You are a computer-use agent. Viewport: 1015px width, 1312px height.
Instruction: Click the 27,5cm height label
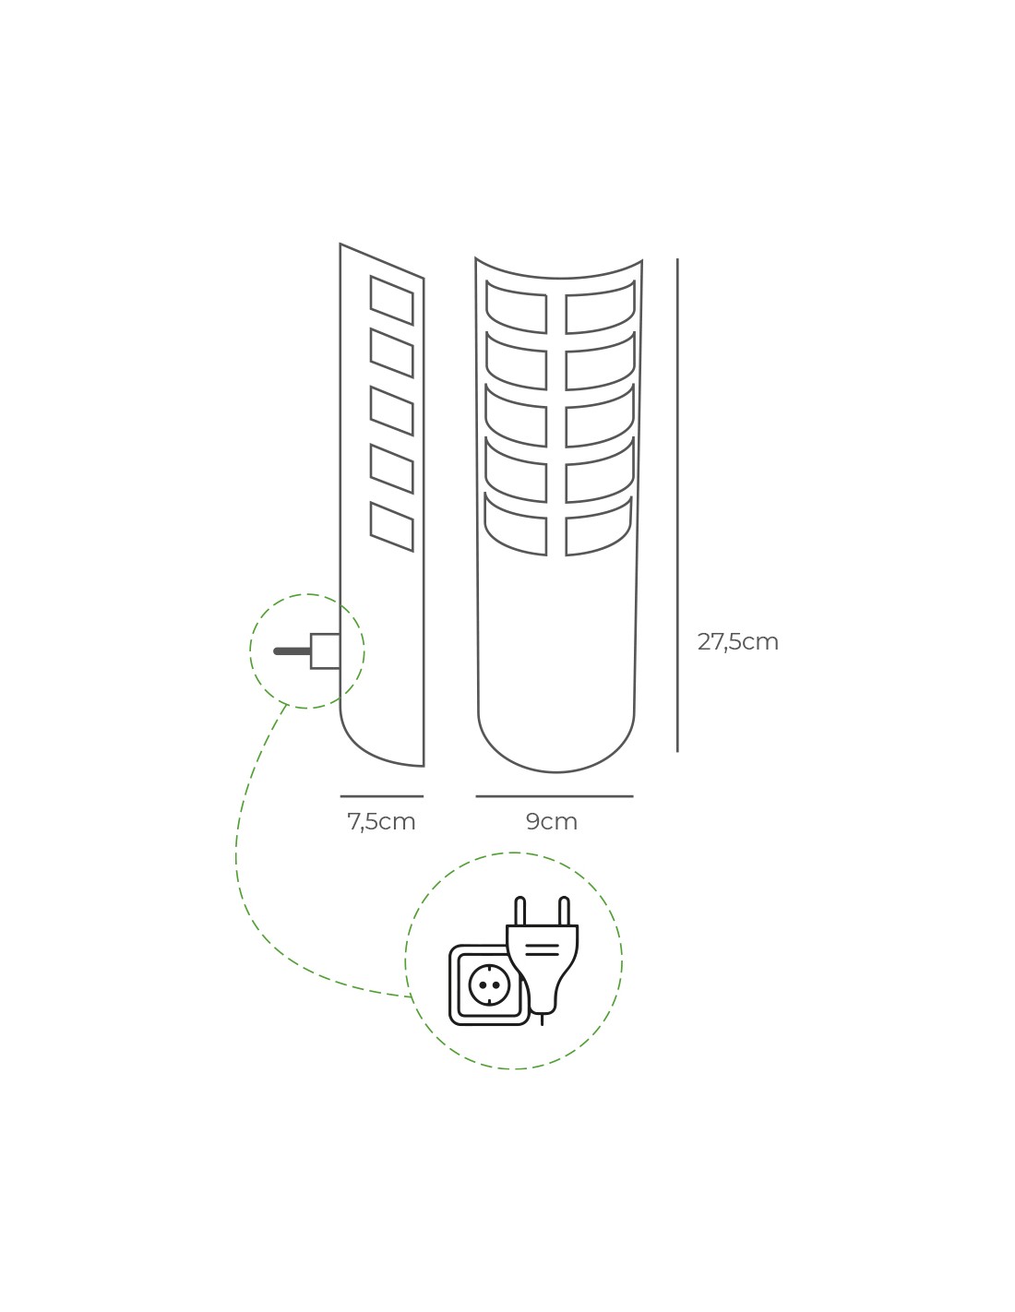click(737, 641)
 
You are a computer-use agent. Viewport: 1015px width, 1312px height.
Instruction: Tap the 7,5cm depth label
click(381, 821)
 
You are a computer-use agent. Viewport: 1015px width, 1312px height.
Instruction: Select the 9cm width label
click(552, 821)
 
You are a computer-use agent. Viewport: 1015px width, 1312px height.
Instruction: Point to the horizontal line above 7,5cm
click(381, 796)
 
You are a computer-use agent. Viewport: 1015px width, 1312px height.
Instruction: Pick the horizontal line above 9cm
click(554, 796)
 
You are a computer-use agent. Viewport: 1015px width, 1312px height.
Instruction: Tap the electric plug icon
click(543, 960)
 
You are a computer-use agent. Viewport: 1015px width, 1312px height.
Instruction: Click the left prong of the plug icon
click(520, 911)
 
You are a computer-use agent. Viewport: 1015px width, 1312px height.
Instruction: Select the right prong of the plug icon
click(564, 911)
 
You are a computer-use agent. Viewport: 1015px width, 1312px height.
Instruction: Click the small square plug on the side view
click(325, 651)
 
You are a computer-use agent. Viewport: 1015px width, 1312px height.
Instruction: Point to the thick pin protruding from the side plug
click(293, 651)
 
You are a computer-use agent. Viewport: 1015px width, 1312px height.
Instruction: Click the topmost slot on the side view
click(391, 300)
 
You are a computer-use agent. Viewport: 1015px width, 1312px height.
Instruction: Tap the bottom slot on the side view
click(391, 526)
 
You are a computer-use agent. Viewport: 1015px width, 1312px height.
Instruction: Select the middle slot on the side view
click(391, 411)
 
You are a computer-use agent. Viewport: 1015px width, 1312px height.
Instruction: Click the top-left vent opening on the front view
click(517, 310)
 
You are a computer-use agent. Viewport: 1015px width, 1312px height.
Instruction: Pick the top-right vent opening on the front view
click(600, 310)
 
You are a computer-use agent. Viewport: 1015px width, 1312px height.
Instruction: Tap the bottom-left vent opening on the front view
click(517, 528)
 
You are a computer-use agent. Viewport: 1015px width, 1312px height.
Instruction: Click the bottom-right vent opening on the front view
click(599, 528)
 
